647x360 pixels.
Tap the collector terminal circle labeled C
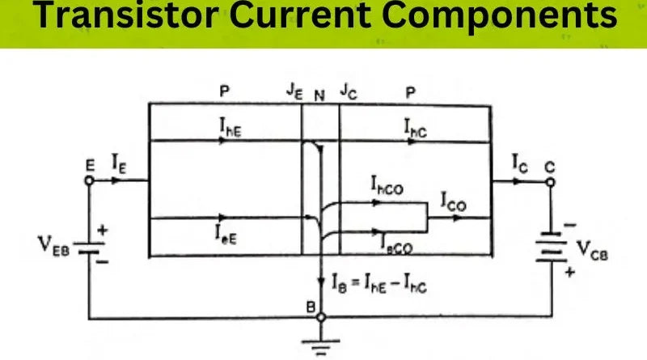(x=552, y=181)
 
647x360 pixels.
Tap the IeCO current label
(x=394, y=240)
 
